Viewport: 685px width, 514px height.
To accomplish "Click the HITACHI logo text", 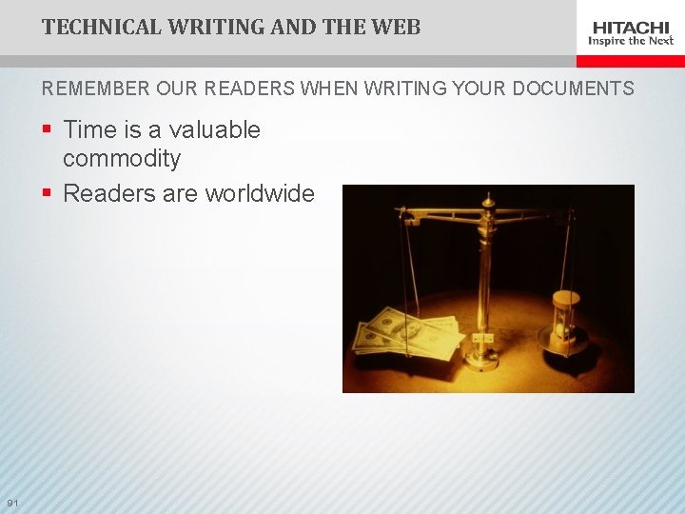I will pos(631,27).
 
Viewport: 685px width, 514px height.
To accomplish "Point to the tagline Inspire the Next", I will pos(631,41).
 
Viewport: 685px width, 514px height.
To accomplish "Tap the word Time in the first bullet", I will pos(88,130).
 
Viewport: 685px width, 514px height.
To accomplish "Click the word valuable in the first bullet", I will pos(215,130).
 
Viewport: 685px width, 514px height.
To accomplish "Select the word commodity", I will pos(121,158).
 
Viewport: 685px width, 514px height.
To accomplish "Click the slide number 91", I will pos(12,503).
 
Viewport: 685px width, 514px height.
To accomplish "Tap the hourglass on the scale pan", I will pos(565,320).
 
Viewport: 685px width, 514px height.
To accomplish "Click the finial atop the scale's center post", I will pos(488,201).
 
